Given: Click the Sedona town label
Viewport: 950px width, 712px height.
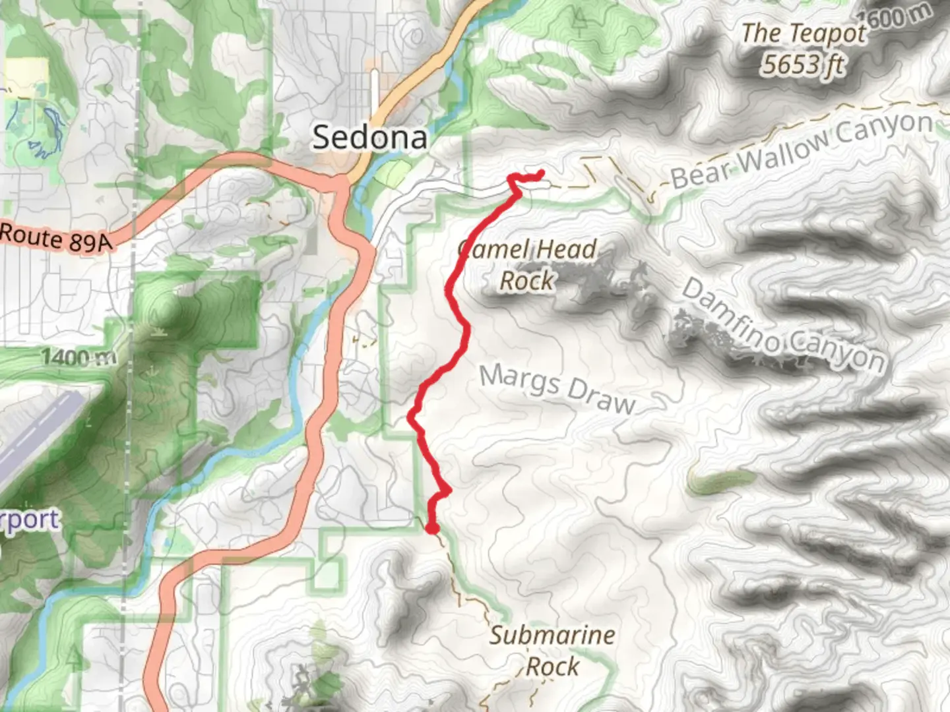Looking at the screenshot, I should point(369,137).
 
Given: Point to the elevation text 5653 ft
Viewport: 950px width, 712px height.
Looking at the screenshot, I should point(803,65).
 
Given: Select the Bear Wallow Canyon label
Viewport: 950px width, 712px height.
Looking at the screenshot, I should point(802,150).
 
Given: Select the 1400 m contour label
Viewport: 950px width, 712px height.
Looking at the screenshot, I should point(79,358).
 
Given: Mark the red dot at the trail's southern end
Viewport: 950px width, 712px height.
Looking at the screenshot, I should point(432,527).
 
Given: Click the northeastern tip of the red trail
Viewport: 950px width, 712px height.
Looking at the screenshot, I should point(541,173).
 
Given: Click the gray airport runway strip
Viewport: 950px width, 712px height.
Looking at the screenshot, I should point(40,435).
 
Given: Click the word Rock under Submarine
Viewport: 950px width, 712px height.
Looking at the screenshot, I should point(553,667).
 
